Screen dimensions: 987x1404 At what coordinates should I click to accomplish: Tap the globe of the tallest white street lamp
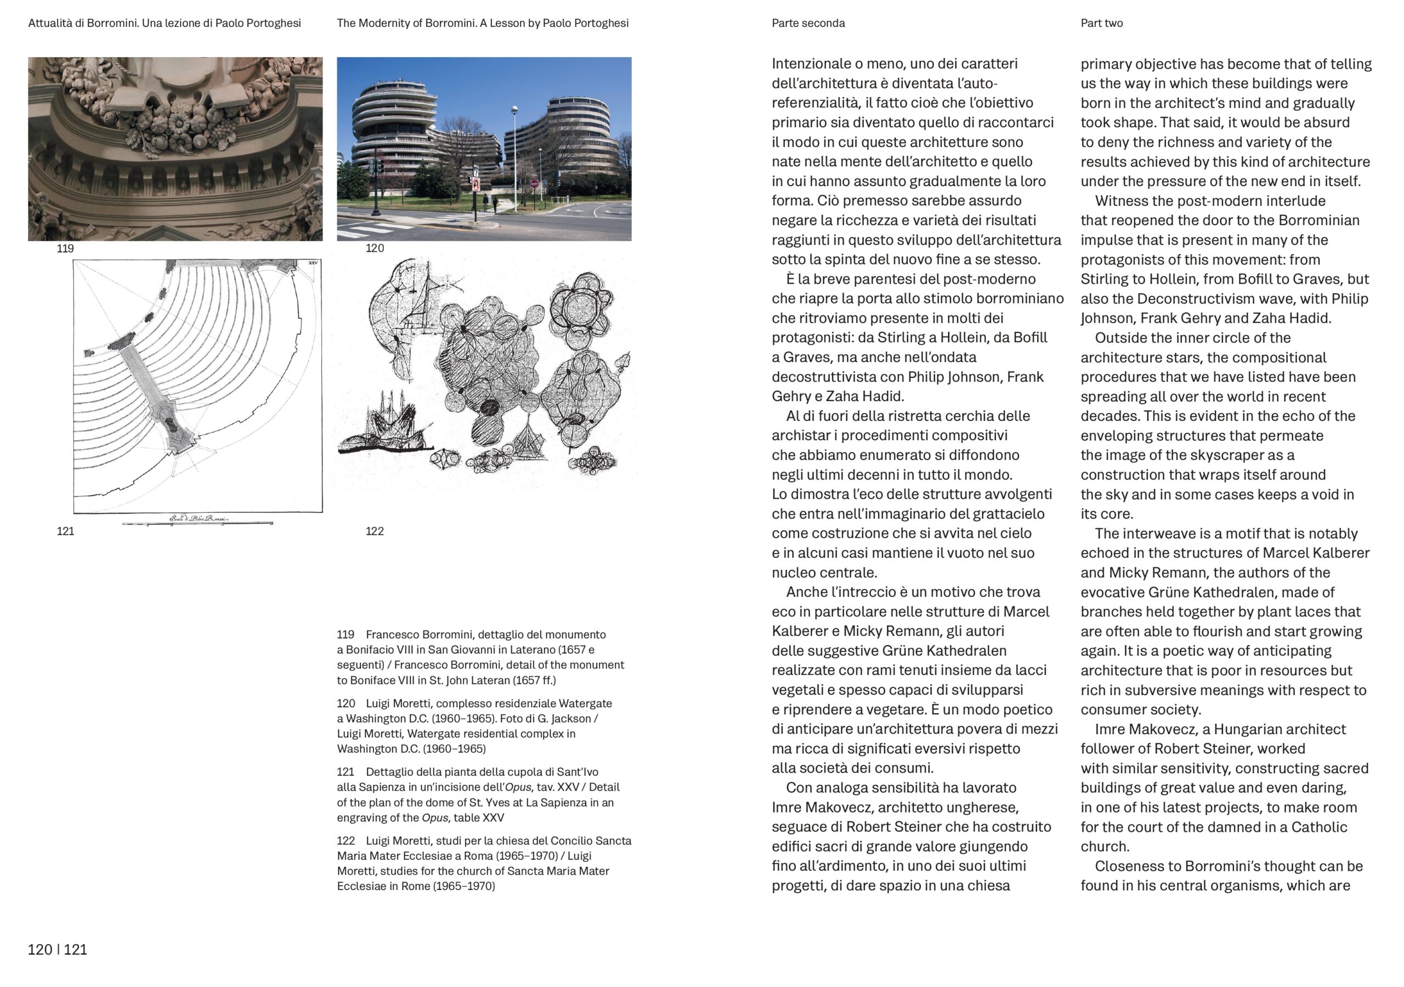(515, 110)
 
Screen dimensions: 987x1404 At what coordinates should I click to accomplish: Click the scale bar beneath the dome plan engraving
(197, 523)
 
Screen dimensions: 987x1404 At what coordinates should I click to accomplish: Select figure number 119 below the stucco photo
(65, 249)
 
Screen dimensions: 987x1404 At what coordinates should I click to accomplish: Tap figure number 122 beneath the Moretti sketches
(374, 531)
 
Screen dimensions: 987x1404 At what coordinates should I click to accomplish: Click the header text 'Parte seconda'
(808, 23)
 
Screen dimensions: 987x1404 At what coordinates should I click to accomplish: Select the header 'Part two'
(1101, 23)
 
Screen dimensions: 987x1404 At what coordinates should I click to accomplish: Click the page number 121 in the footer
(75, 950)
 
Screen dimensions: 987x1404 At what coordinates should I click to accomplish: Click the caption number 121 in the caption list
(346, 772)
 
